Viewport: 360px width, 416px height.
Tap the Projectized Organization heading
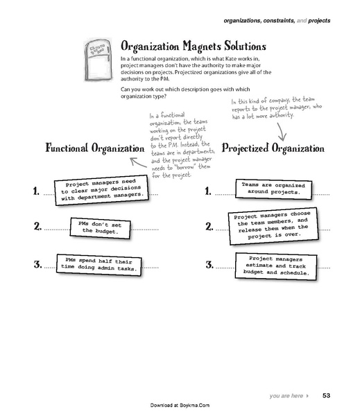pos(273,148)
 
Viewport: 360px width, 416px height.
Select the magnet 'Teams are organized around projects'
pos(270,188)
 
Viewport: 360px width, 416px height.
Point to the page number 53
pos(327,397)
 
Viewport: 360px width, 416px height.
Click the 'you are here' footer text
pos(286,397)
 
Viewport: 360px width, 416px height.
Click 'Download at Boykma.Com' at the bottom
pos(180,404)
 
